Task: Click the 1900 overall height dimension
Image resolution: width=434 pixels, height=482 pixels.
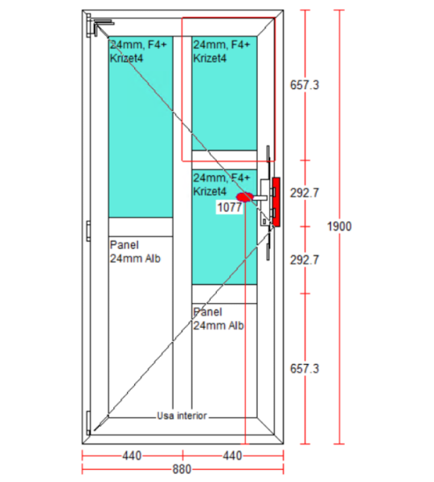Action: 339,227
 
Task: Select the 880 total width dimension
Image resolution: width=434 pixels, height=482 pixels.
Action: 182,469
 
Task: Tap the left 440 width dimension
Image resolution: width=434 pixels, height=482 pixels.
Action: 132,455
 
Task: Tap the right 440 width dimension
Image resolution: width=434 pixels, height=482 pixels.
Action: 232,455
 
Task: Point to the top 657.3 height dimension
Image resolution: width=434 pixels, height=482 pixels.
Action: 305,85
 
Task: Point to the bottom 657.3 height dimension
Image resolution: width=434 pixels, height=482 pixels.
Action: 305,368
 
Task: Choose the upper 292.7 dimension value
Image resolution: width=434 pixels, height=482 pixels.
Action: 305,193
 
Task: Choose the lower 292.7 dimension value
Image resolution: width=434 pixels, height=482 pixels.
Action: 305,260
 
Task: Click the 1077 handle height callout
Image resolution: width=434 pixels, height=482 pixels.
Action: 229,207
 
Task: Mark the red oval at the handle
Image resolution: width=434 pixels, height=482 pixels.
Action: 245,197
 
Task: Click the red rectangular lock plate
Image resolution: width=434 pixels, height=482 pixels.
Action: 276,202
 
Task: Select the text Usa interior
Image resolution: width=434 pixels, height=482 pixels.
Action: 182,415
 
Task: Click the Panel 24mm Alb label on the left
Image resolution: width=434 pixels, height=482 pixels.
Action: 135,251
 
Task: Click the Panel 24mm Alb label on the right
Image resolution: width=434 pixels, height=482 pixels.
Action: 219,319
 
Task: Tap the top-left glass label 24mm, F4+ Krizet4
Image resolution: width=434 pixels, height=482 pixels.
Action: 138,51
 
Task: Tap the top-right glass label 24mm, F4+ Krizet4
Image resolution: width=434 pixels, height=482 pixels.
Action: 222,51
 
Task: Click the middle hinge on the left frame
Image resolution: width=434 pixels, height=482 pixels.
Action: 88,231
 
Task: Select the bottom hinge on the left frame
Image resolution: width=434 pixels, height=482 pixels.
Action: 88,423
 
